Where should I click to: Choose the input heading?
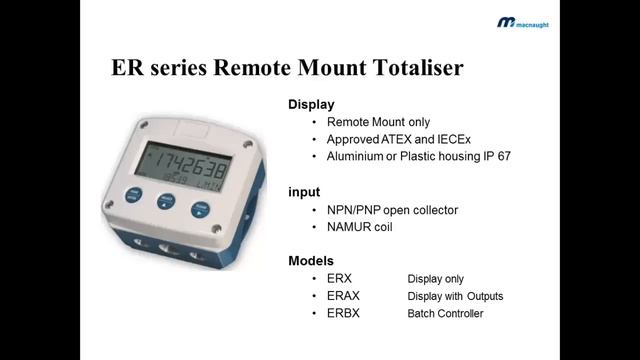304,191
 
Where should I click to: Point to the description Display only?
435,278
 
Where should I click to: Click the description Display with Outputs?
455,296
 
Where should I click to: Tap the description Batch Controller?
445,314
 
